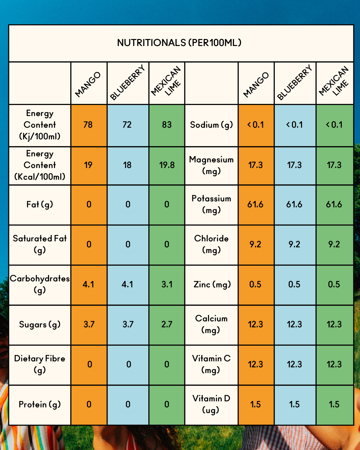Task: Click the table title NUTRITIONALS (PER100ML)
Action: [x=179, y=43]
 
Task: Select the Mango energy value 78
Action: [x=88, y=125]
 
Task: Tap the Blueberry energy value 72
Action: [x=127, y=125]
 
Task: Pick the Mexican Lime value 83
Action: [x=167, y=125]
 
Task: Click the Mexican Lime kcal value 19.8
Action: [x=167, y=165]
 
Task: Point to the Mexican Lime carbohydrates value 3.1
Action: [x=167, y=284]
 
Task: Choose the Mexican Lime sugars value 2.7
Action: [x=167, y=324]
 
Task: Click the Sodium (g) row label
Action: [x=211, y=125]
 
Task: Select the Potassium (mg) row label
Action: [x=211, y=204]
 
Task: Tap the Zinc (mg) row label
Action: [x=212, y=284]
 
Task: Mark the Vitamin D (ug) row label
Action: [x=211, y=404]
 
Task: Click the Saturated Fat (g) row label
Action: [x=40, y=244]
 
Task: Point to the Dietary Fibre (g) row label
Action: [x=40, y=364]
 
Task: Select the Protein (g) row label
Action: [x=40, y=404]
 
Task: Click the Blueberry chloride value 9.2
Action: [x=294, y=244]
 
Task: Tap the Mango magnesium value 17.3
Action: [x=255, y=165]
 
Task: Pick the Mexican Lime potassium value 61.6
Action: [x=334, y=204]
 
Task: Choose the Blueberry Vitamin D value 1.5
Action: [x=294, y=404]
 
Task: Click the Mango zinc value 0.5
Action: [x=255, y=284]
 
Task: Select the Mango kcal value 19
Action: [x=88, y=165]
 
